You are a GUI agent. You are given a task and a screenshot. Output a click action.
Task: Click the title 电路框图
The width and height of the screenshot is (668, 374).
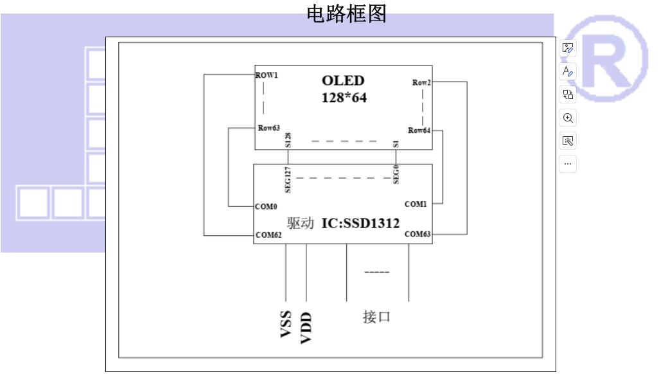[x=347, y=14]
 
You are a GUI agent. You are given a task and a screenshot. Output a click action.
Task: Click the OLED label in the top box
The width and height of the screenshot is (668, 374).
[x=343, y=81]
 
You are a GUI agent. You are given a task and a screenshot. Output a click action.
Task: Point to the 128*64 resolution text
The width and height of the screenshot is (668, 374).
[x=344, y=98]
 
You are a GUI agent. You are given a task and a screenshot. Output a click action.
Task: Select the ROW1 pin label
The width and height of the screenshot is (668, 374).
[x=267, y=75]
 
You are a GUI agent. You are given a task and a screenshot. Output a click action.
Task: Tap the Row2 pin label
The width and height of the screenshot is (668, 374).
[x=421, y=82]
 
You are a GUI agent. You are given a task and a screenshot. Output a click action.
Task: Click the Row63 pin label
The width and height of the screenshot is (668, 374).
[x=269, y=128]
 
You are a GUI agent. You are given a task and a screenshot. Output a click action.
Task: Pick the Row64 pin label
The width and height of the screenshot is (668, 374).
[x=419, y=130]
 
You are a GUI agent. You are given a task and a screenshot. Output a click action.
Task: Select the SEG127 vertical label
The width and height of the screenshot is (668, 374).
[x=288, y=179]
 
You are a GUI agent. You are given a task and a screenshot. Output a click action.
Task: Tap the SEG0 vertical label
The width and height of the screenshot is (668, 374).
[x=397, y=174]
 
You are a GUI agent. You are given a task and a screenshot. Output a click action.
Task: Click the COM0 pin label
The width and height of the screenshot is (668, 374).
[x=266, y=207]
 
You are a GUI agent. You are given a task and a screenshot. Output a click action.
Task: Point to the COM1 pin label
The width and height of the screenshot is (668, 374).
[x=416, y=204]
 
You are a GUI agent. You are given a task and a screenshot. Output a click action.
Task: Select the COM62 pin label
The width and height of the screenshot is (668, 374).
[x=268, y=235]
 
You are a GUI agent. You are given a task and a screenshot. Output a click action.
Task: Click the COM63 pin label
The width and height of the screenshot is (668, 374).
[x=418, y=234]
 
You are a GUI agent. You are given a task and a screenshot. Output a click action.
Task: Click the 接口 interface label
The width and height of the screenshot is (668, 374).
[x=376, y=317]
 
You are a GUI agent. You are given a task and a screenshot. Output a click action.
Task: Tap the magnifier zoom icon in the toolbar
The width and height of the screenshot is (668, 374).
[x=568, y=118]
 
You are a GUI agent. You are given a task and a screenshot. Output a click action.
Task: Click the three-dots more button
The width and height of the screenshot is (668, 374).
[x=568, y=164]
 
